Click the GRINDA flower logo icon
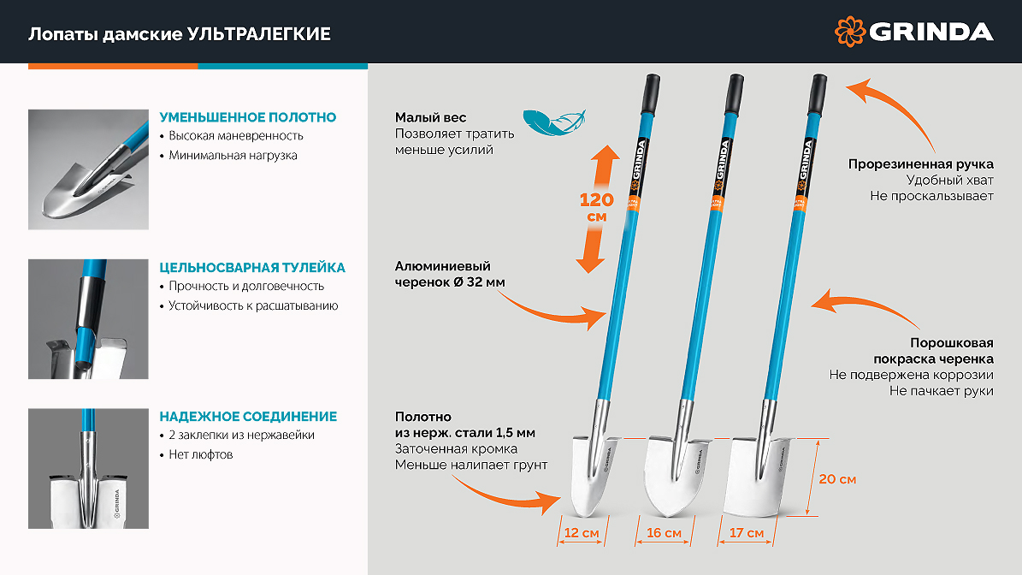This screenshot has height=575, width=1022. click(850, 32)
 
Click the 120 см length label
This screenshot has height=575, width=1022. click(597, 207)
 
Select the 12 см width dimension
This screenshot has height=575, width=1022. click(582, 532)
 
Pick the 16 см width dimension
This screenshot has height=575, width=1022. click(664, 532)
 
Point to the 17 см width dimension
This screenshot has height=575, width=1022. click(747, 532)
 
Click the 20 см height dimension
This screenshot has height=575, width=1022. click(837, 479)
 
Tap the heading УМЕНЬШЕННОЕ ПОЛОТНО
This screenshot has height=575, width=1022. click(248, 117)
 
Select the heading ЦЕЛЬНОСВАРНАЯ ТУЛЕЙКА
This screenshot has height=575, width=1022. click(252, 267)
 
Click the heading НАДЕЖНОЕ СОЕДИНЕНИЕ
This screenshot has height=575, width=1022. click(248, 417)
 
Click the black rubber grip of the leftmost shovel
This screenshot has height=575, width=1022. click(651, 94)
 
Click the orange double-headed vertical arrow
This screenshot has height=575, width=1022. click(597, 209)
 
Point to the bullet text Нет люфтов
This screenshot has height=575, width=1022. click(201, 454)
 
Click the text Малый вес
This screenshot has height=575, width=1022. click(430, 117)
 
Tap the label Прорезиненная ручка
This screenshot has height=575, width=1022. click(920, 164)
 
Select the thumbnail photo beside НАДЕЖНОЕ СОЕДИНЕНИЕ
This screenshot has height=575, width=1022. click(88, 468)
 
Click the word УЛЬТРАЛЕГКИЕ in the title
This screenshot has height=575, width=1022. click(259, 34)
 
